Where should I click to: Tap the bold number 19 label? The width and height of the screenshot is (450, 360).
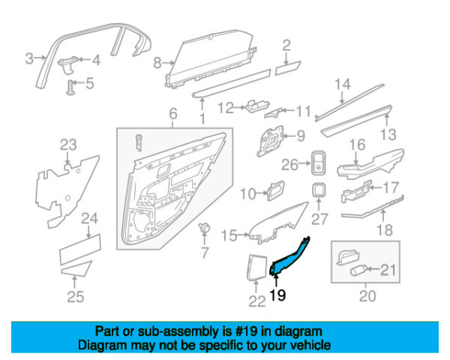click(x=277, y=295)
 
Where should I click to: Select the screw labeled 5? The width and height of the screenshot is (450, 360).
click(x=70, y=88)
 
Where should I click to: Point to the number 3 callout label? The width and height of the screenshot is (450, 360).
click(x=29, y=58)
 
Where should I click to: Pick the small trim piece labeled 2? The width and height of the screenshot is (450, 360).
click(x=287, y=67)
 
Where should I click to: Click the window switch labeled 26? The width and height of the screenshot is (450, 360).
click(x=319, y=163)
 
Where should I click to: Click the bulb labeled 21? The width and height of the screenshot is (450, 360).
click(x=358, y=271)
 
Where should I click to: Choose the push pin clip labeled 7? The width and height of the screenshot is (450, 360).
click(x=204, y=228)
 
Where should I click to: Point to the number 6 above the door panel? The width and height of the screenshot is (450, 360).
click(x=173, y=114)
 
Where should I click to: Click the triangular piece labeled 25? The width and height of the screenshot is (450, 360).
click(x=76, y=268)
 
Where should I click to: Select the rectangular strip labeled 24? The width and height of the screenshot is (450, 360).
click(x=80, y=249)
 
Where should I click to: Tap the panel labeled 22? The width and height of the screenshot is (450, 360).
click(x=256, y=267)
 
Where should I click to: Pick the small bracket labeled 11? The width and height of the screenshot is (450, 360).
click(x=274, y=112)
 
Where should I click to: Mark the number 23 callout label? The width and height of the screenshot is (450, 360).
click(x=68, y=145)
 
